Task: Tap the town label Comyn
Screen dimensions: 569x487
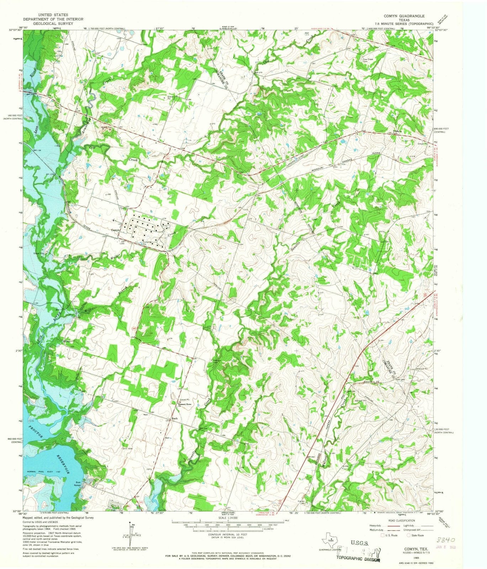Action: (x=115, y=230)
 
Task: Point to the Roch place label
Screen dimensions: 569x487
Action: (x=174, y=418)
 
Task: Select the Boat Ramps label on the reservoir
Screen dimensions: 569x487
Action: (x=78, y=484)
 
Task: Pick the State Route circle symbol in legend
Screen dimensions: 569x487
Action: (x=409, y=535)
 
